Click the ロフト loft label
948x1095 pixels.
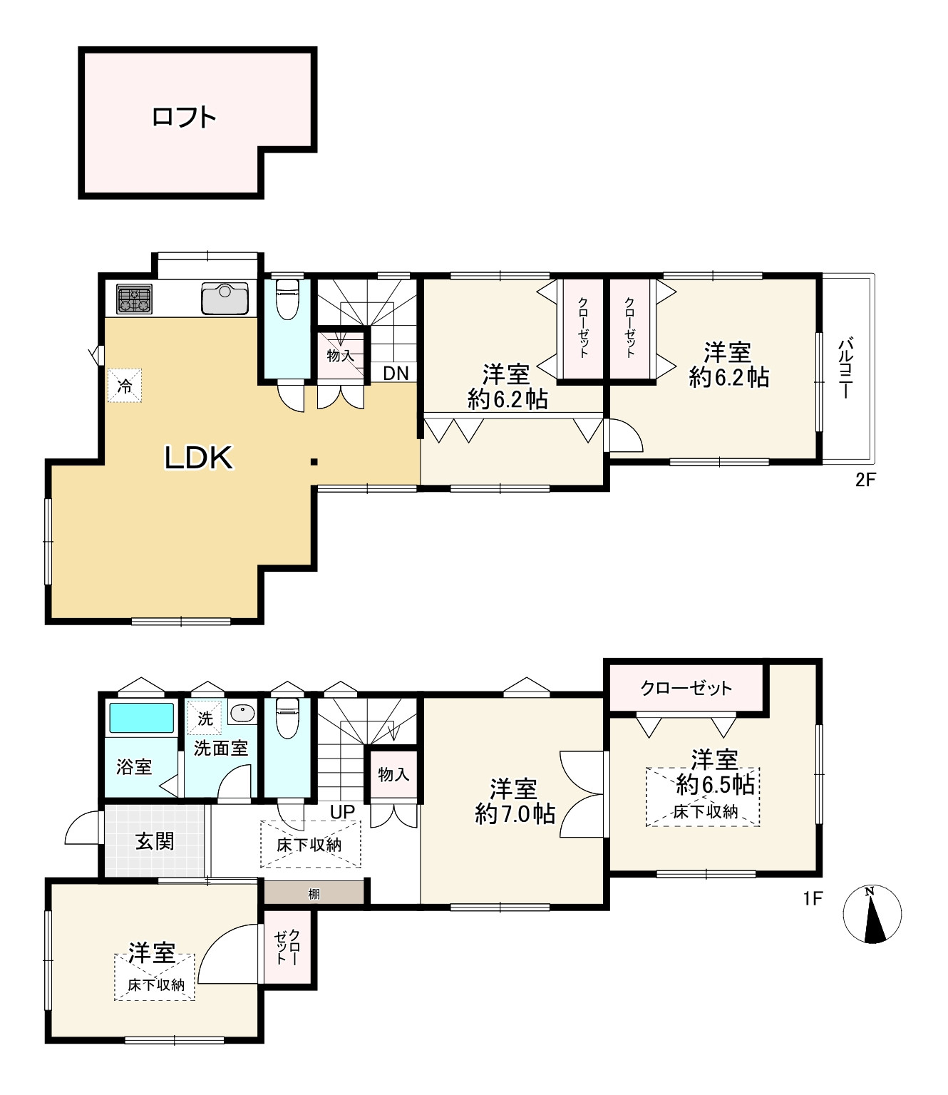tap(184, 117)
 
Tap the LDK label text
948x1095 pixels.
tap(199, 458)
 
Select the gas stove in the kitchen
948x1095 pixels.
tap(134, 299)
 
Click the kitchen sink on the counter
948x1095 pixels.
tap(225, 298)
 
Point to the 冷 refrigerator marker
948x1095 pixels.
tap(125, 386)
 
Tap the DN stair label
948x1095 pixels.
tap(396, 374)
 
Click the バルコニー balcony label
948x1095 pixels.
tap(845, 369)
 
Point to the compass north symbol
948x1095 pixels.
tap(872, 914)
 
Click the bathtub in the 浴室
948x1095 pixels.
tap(141, 718)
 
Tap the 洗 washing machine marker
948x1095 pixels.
tap(205, 719)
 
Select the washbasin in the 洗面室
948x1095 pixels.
tap(242, 711)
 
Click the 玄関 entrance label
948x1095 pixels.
tap(155, 840)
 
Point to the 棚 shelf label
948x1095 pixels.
tap(314, 894)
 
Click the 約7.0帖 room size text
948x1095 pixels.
tap(515, 813)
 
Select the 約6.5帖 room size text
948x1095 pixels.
tap(715, 785)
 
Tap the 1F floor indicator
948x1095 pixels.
tap(813, 898)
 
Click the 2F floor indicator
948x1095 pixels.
tap(866, 480)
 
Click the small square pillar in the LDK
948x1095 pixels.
tap(314, 462)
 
